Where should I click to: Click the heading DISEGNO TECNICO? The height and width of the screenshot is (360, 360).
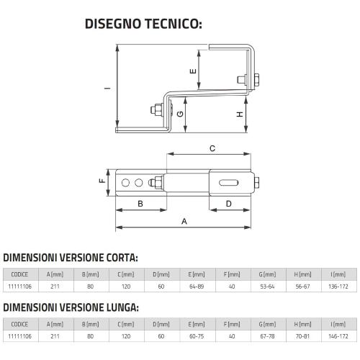(143, 24)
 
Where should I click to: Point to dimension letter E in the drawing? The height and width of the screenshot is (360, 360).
(193, 71)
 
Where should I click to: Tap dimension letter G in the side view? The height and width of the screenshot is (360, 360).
(180, 114)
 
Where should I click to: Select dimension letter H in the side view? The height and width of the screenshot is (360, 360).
(240, 114)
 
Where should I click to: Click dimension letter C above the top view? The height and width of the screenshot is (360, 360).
(212, 148)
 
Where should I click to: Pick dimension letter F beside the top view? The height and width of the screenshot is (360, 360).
(102, 181)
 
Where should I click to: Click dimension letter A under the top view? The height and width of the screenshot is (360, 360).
(184, 221)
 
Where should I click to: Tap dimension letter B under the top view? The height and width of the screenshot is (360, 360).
(140, 204)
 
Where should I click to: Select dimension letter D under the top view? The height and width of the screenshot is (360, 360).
(229, 204)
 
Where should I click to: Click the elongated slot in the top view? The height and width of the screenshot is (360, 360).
(229, 183)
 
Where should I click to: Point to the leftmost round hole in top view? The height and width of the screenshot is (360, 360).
(125, 183)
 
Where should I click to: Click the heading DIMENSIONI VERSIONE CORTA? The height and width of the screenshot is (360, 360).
(71, 258)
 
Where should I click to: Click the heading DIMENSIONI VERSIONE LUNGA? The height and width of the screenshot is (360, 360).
(71, 307)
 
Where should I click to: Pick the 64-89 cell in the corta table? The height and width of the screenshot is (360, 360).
(197, 287)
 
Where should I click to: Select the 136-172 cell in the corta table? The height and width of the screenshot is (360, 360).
(338, 287)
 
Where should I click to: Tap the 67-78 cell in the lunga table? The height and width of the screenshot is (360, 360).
(267, 336)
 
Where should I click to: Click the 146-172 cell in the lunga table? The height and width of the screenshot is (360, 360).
(338, 336)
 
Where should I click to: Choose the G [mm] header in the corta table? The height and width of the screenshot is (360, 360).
(267, 274)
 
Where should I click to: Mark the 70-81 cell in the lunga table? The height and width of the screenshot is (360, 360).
(303, 336)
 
